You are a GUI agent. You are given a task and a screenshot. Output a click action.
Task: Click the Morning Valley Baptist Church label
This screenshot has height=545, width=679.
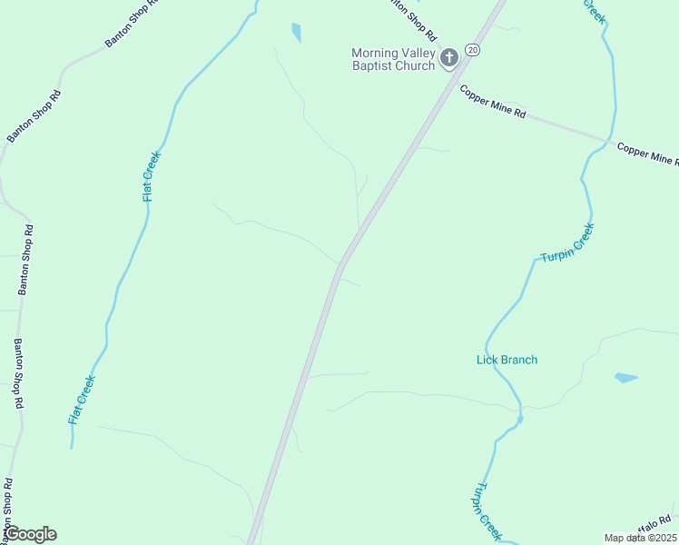point(393,59)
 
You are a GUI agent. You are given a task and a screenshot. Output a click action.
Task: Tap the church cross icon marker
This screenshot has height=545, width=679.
point(448,59)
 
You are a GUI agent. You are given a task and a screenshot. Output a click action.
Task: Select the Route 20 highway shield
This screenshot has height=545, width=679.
point(472,49)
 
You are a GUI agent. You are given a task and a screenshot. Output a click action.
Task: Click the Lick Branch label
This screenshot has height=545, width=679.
point(507,360)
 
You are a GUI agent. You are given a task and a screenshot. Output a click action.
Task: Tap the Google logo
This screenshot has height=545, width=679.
point(30,534)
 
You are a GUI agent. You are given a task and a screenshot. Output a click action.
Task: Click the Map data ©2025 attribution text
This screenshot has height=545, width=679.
point(640,538)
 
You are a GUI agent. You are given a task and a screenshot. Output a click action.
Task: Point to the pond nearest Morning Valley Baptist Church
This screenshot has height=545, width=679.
point(296,33)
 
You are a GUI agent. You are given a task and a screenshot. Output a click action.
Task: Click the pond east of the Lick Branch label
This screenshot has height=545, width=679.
point(625,377)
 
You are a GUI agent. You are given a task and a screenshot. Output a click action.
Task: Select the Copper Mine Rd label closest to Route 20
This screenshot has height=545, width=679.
point(493,103)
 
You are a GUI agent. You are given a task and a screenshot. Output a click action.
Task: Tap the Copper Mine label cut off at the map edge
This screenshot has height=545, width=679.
point(648,154)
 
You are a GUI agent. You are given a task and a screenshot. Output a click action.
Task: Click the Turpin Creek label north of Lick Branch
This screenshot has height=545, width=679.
point(567,243)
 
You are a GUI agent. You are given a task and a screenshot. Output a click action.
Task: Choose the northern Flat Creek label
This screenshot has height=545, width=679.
point(151,176)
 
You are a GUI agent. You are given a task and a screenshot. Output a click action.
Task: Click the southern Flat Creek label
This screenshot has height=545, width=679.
point(82,401)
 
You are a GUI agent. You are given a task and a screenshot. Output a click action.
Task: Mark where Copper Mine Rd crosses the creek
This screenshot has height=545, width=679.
point(606,141)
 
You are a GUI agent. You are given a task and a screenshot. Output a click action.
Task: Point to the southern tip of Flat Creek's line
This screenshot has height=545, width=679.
point(72,447)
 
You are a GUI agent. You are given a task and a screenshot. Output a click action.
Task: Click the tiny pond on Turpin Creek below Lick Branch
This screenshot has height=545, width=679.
point(519,420)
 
